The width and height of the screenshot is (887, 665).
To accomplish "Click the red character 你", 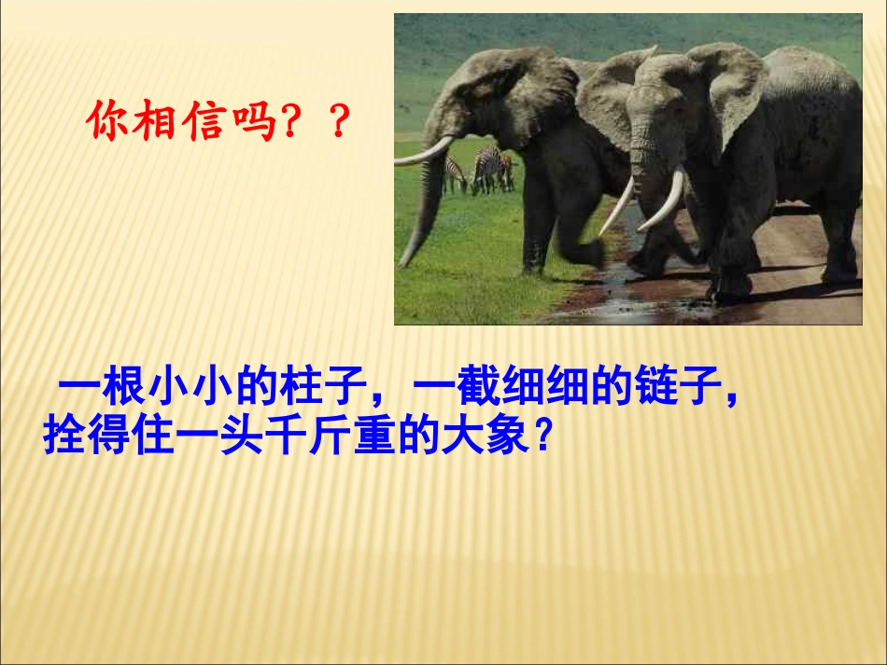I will click(106, 122).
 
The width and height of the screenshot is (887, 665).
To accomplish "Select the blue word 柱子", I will click(325, 390).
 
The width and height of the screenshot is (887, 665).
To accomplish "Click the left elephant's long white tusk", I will click(425, 152).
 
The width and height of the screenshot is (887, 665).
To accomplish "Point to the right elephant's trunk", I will click(643, 187).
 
